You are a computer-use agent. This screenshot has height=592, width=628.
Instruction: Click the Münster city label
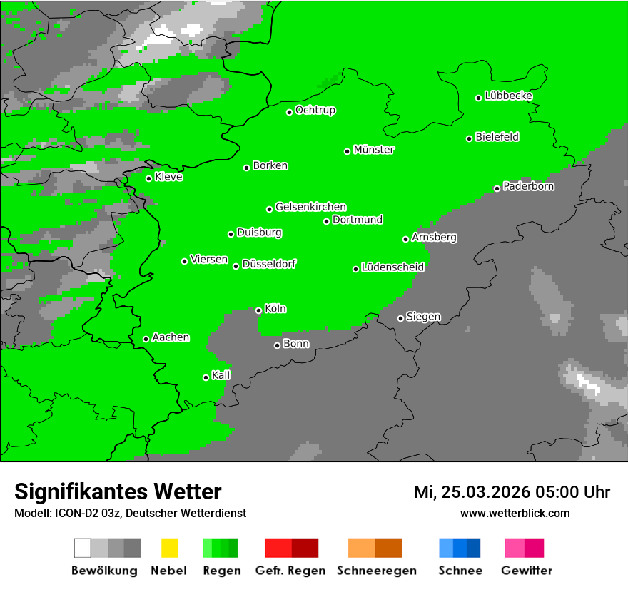(374, 150)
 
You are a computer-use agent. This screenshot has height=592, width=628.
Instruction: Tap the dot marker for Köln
(259, 310)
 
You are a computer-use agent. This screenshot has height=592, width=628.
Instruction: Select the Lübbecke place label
(508, 96)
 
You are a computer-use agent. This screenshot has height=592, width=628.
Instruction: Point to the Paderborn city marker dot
(497, 188)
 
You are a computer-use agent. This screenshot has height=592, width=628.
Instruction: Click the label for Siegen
(423, 317)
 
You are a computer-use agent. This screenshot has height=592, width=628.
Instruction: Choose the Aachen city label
(171, 337)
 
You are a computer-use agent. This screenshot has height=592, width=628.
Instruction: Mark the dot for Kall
(206, 377)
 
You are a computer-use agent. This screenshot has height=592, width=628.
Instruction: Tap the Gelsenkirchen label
(310, 207)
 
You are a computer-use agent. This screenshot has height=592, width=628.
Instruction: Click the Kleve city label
(168, 177)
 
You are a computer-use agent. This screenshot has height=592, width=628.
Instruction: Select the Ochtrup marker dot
(290, 112)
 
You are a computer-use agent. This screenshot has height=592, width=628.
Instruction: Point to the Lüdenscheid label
(392, 267)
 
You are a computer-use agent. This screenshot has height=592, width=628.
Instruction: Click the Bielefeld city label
(497, 137)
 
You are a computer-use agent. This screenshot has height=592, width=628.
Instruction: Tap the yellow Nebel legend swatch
(169, 548)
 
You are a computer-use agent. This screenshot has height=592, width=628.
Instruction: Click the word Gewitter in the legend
(527, 571)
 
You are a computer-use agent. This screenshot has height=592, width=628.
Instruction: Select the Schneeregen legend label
(376, 571)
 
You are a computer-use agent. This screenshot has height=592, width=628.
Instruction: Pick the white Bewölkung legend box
(83, 548)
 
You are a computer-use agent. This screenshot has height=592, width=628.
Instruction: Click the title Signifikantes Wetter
(118, 491)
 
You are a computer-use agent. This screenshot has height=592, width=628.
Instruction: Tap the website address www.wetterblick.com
(515, 513)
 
